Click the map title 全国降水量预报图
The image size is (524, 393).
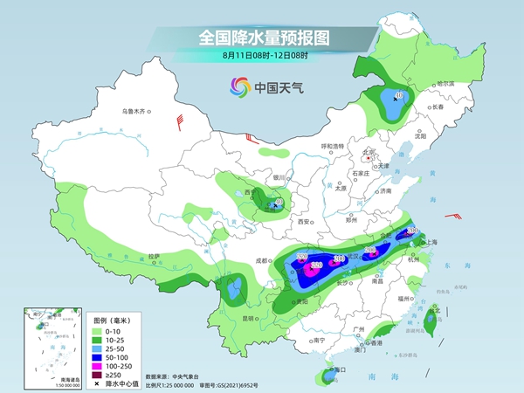coord(261,38)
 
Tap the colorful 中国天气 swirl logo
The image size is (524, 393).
coord(240,86)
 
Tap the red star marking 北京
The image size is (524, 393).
coord(369,158)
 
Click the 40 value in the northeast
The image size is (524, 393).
coord(399,95)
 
